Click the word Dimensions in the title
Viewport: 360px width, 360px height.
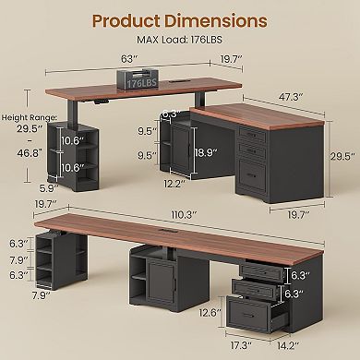219,20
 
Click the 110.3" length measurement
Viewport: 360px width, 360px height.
187,214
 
